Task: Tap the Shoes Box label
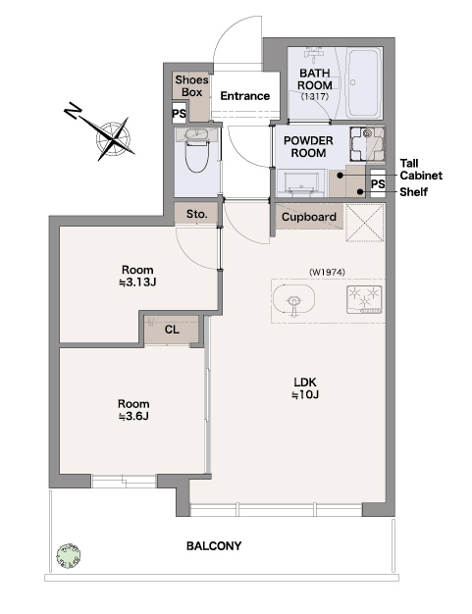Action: click(191, 86)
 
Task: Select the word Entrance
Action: click(244, 96)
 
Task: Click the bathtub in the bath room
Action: click(364, 82)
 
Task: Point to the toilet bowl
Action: click(196, 151)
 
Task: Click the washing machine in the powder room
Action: click(367, 144)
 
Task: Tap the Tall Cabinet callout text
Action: click(421, 169)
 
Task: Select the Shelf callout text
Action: click(414, 192)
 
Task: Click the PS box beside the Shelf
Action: click(378, 183)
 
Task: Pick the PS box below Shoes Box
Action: click(179, 114)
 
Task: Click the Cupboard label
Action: click(309, 217)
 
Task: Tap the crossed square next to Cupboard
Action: click(365, 223)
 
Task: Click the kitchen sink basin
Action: click(293, 299)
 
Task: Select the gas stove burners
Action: click(364, 299)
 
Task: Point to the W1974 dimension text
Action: click(327, 272)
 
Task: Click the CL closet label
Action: click(172, 330)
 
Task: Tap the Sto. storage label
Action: click(196, 214)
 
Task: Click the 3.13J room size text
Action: click(138, 282)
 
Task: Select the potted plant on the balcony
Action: click(69, 556)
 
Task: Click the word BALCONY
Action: click(214, 546)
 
